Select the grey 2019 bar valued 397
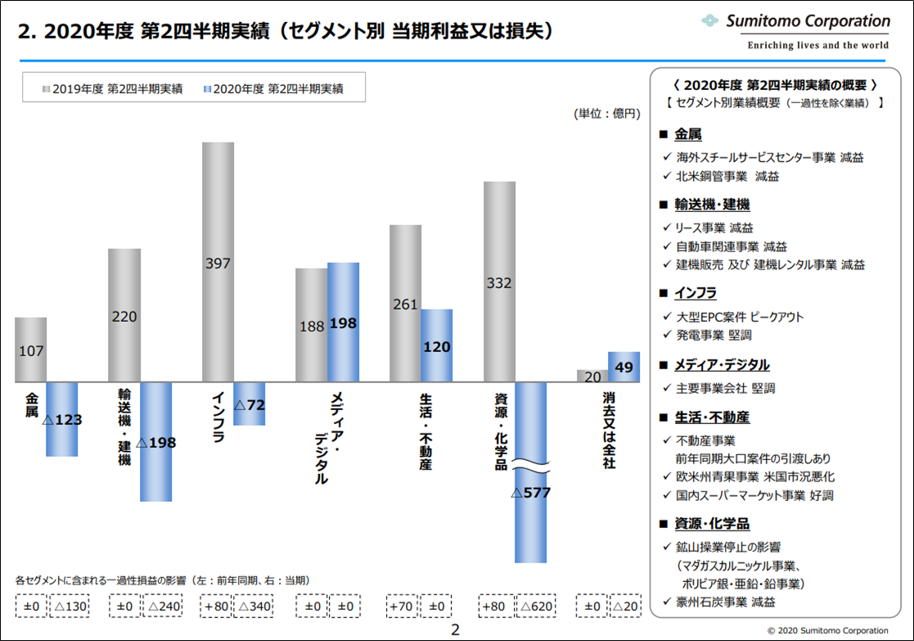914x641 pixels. pos(218,262)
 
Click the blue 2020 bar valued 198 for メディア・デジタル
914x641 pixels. pos(343,323)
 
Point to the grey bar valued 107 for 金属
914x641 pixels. pos(31,350)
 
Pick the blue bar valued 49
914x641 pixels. pos(624,368)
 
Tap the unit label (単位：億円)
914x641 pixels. pos(606,114)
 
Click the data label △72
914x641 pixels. pos(250,404)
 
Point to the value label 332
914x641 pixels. pos(498,283)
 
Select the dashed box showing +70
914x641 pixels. pos(401,607)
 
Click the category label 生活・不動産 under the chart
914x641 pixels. pos(425,431)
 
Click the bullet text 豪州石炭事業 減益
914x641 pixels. pos(725,602)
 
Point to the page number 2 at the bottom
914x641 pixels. pos(456,630)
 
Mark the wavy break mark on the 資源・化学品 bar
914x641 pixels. pos(530,467)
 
